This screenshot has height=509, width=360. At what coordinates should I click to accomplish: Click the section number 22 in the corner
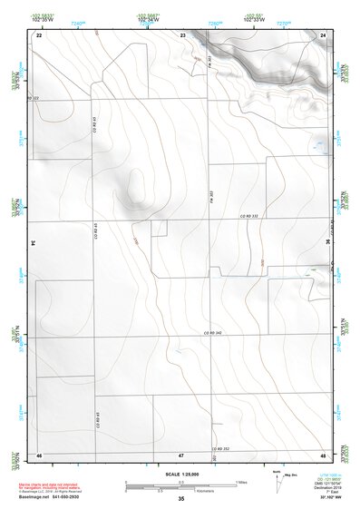(x=39, y=34)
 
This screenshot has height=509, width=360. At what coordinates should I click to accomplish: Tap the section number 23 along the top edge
(x=182, y=34)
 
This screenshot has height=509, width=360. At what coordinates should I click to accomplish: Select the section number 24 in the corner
(x=324, y=34)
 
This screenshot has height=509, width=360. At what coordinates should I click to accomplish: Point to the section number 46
(x=39, y=454)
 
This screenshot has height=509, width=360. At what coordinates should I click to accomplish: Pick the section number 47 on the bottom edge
(x=181, y=454)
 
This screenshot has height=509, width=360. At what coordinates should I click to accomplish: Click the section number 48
(x=324, y=454)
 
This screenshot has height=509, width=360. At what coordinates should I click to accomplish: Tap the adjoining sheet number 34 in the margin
(x=32, y=243)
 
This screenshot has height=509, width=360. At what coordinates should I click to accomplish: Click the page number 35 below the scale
(x=181, y=499)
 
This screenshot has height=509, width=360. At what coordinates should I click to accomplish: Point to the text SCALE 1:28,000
(x=181, y=474)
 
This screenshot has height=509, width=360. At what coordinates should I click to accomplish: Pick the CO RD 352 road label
(x=220, y=448)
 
